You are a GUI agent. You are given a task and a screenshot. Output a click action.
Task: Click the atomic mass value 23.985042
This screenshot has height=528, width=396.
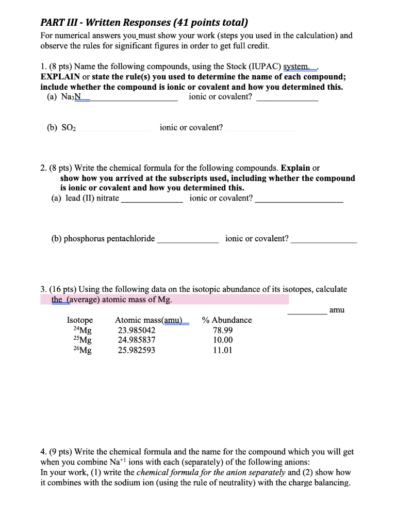(137, 330)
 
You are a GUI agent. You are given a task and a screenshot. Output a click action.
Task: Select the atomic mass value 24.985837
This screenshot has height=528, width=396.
(137, 340)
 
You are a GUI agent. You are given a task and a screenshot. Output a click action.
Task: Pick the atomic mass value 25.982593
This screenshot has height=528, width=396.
(137, 351)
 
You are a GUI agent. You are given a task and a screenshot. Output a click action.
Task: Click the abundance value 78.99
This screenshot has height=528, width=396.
(223, 330)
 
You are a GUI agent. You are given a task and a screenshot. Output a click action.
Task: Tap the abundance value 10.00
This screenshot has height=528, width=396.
(223, 340)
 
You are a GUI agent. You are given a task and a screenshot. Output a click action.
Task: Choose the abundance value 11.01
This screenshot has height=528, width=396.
(223, 351)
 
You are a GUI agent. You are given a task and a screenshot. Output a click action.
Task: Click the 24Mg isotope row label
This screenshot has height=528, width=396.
(82, 331)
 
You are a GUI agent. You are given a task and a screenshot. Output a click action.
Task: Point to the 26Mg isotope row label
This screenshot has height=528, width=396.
(82, 351)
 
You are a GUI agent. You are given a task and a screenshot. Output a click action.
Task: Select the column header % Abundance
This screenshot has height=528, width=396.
(227, 320)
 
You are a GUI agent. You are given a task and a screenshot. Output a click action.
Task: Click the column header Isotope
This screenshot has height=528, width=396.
(80, 320)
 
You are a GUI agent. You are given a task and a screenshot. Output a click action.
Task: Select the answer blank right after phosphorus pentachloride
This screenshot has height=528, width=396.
(188, 240)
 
